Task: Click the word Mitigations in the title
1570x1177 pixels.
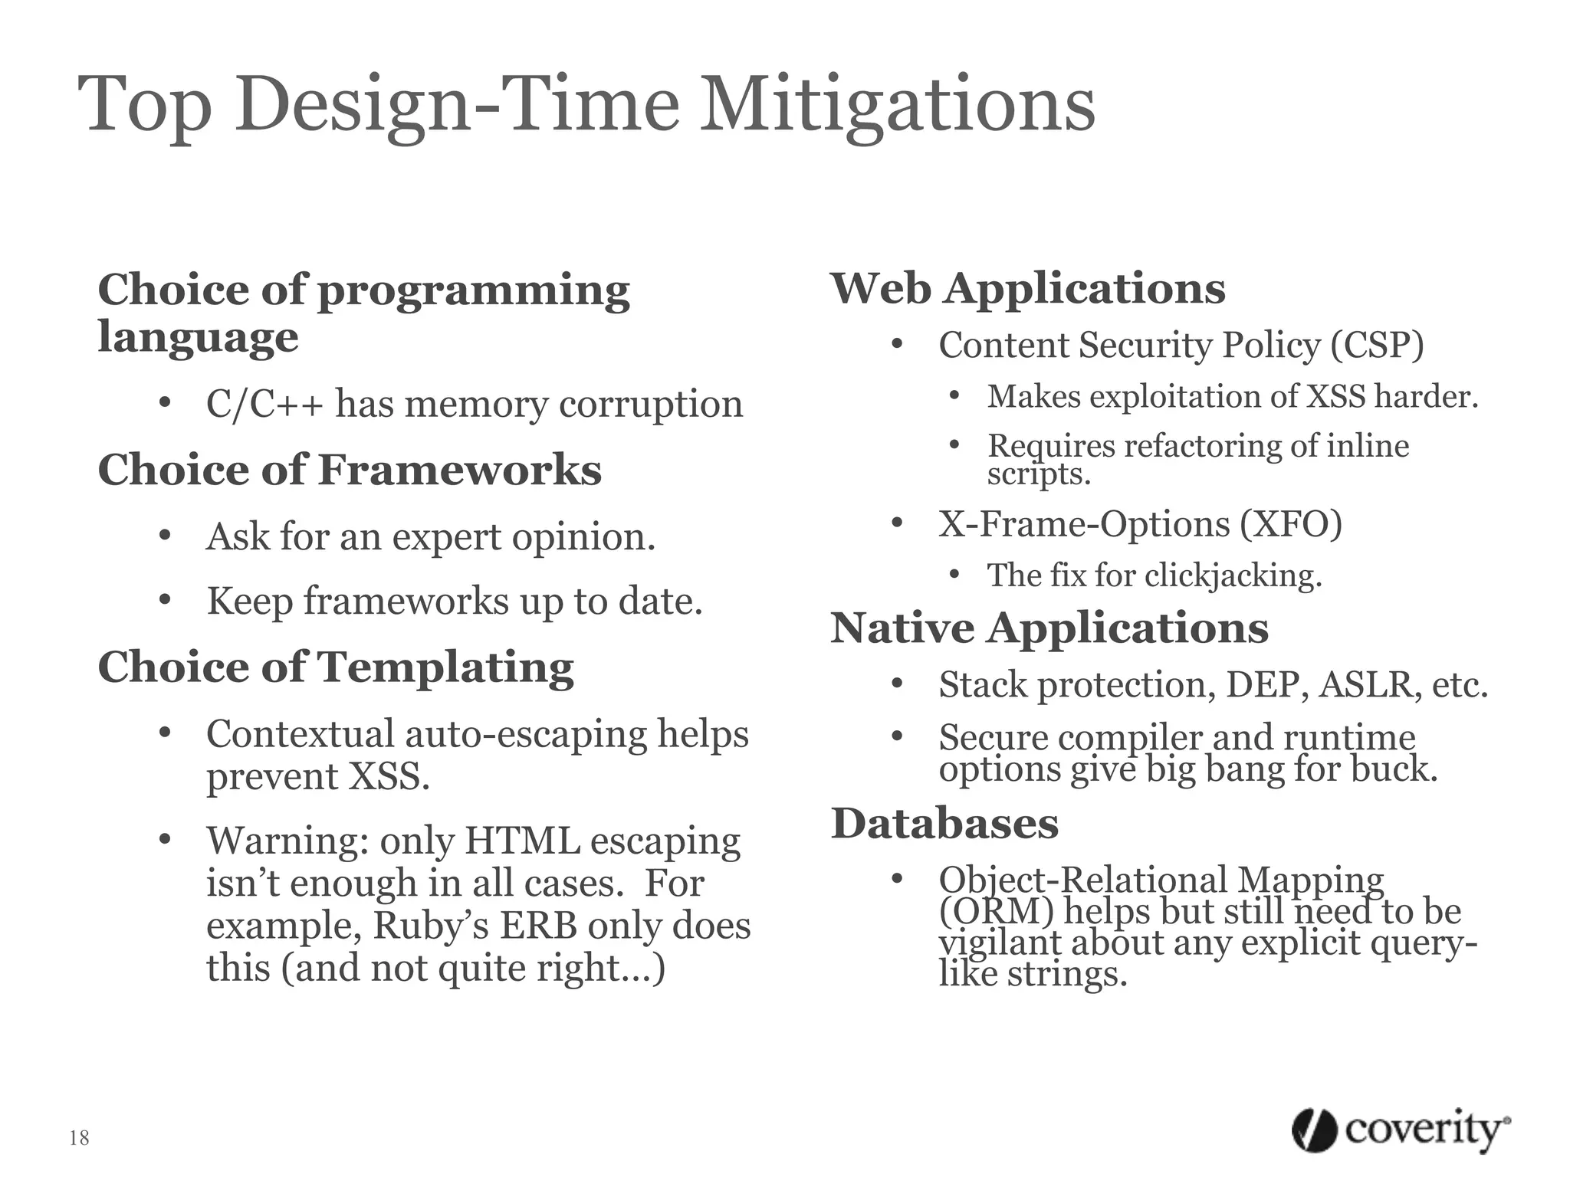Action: pyautogui.click(x=898, y=106)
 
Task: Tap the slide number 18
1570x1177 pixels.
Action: pyautogui.click(x=79, y=1138)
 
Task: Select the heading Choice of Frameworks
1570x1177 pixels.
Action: pyautogui.click(x=350, y=470)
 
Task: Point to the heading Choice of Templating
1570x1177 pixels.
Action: pyautogui.click(x=336, y=667)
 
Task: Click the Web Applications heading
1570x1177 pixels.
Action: pyautogui.click(x=1028, y=289)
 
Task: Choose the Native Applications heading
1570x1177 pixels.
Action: pyautogui.click(x=1049, y=628)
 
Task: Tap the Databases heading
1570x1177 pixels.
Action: pyautogui.click(x=944, y=824)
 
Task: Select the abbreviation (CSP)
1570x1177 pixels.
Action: pyautogui.click(x=1377, y=346)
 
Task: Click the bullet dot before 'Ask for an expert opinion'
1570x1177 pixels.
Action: pyautogui.click(x=164, y=535)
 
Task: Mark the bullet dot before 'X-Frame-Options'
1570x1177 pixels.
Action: pyautogui.click(x=898, y=523)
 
